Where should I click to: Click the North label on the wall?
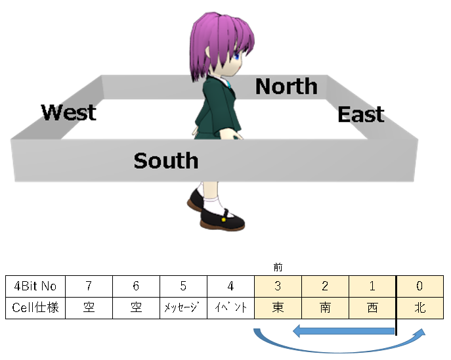click(x=286, y=86)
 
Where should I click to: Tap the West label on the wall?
click(x=69, y=112)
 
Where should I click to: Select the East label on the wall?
click(x=360, y=115)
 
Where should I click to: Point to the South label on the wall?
click(x=165, y=160)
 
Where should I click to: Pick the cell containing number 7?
click(x=89, y=286)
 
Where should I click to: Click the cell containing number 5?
click(x=183, y=286)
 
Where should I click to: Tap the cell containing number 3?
click(x=278, y=286)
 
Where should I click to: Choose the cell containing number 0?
click(x=419, y=286)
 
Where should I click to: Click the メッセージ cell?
click(x=183, y=307)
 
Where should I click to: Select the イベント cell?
click(x=230, y=307)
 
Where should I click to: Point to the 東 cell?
click(x=278, y=307)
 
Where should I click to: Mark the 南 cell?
click(x=325, y=307)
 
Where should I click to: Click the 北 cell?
click(x=419, y=307)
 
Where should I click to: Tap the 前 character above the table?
click(x=278, y=267)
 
